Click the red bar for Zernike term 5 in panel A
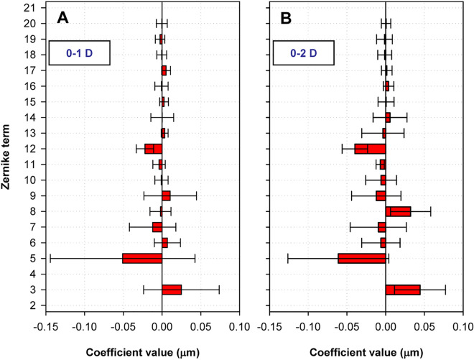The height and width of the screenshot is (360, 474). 142,258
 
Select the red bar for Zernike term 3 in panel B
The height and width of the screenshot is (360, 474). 403,290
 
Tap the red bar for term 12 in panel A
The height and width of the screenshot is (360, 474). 153,149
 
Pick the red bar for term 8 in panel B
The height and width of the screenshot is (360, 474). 398,211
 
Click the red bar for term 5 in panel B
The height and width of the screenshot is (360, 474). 362,258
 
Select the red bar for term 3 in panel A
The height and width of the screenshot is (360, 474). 172,290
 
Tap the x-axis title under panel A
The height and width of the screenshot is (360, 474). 142,353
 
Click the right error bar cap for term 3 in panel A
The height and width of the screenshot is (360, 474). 219,290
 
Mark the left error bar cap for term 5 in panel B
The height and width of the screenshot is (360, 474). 287,258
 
